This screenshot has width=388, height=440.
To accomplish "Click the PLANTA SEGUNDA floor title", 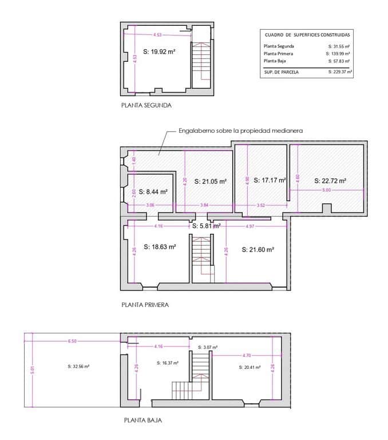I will [x=146, y=105].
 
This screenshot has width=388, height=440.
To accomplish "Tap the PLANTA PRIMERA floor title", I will [x=145, y=305].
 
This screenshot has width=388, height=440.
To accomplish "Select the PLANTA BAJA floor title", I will [x=142, y=420].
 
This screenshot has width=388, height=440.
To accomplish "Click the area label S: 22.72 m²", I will [x=331, y=180].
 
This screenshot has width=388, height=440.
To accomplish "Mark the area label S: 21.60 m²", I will [x=258, y=249].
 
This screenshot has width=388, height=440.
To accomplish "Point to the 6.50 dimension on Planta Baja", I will [x=72, y=341].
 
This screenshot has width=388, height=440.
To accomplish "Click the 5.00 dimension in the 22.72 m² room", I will [x=326, y=189].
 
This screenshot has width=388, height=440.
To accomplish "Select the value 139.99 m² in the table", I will [x=339, y=53].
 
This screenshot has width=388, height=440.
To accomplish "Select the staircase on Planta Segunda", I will [x=200, y=63].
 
